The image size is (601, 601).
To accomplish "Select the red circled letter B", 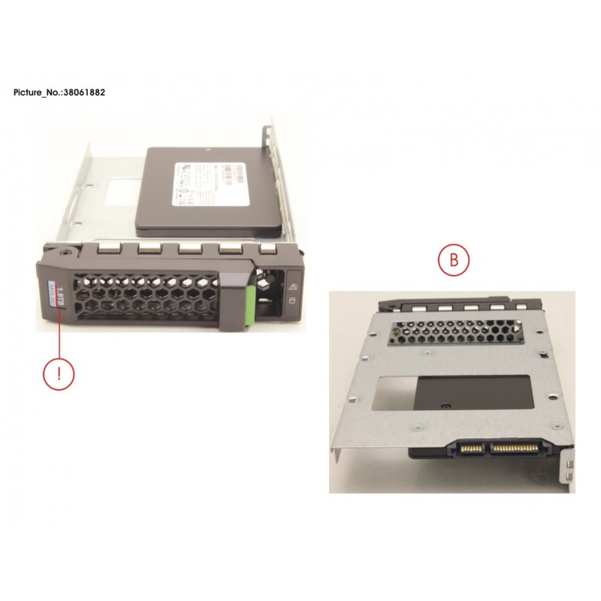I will click(x=453, y=261).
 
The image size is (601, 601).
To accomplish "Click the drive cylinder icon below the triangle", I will click(x=292, y=303).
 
